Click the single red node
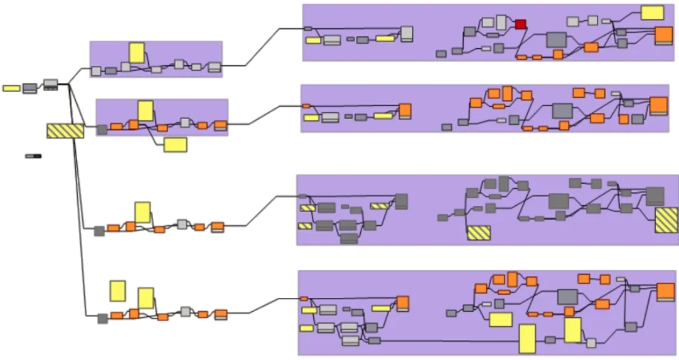coord(520,24)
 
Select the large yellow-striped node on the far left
coord(65,130)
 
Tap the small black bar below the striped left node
coord(33,156)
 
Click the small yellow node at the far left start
coord(11,88)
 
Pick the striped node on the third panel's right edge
coord(666,221)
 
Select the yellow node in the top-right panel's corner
coord(652,13)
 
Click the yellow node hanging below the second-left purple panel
coord(175,145)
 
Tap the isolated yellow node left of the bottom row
coord(117,291)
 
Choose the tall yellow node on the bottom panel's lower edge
coord(527,339)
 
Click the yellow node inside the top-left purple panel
coord(137,53)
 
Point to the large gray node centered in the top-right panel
coord(556,40)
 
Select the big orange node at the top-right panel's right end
coord(663,35)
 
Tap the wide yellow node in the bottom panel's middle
coord(501,320)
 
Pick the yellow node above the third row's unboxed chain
coord(142,212)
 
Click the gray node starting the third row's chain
coord(99,231)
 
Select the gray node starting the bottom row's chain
coord(102,319)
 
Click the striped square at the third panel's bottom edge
coord(479,232)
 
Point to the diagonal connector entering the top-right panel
coord(264,47)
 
